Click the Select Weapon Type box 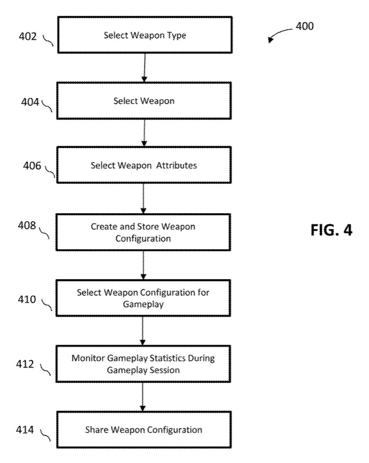click(x=143, y=36)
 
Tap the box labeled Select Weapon click(x=143, y=100)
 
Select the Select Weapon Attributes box click(x=143, y=165)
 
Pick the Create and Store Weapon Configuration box click(x=143, y=232)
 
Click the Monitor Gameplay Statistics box click(x=143, y=364)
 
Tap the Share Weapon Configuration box click(x=143, y=430)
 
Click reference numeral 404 click(x=30, y=101)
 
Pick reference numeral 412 click(x=25, y=364)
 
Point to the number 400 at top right click(x=304, y=26)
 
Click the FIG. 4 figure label click(x=330, y=231)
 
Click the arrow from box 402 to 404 click(x=144, y=68)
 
